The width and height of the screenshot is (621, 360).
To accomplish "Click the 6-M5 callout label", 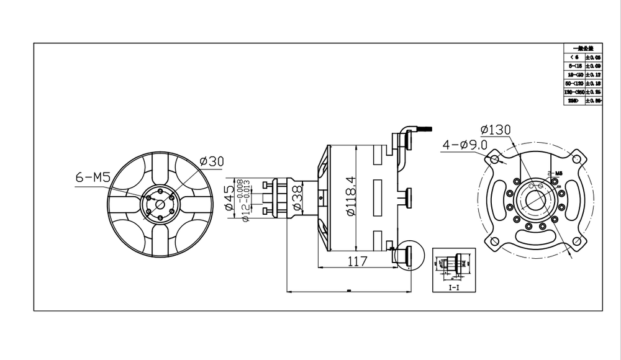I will [93, 178].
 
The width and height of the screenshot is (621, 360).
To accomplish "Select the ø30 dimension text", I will [211, 161].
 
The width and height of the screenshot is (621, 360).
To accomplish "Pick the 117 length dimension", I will [356, 261].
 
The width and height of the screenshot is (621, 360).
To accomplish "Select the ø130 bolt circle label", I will [495, 130].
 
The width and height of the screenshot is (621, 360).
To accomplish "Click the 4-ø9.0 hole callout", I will [465, 145].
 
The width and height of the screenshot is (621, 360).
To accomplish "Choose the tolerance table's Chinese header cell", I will [582, 47].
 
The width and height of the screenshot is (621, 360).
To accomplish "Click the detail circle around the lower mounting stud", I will [409, 255].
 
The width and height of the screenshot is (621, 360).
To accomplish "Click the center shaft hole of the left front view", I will [159, 204].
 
